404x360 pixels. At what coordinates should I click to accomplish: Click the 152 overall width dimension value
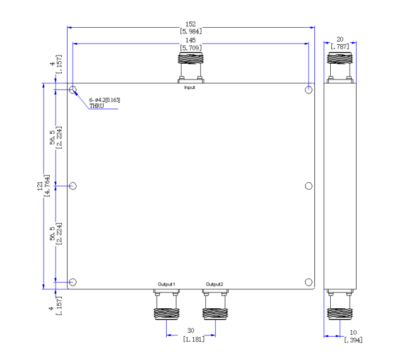point(191,24)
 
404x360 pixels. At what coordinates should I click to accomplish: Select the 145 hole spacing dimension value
point(191,40)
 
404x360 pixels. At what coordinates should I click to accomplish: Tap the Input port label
point(189,88)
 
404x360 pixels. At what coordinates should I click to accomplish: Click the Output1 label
point(167,284)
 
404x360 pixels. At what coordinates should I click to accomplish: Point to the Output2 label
point(215,284)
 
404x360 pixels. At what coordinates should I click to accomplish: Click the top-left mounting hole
point(73,90)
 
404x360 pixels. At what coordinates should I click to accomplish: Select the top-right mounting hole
point(309,90)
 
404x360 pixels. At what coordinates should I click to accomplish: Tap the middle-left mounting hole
point(73,186)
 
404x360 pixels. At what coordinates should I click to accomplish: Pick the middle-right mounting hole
point(309,186)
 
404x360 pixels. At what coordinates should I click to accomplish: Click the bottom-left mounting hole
point(73,282)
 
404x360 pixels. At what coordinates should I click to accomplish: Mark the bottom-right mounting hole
point(309,282)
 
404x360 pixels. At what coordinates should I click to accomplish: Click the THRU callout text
point(97,106)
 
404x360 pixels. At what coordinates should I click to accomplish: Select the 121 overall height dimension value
point(40,186)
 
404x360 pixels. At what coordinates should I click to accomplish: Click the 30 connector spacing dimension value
point(191,330)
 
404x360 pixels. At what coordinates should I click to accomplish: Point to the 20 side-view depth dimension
point(340,39)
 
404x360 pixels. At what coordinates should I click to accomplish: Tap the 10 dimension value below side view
point(353,332)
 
